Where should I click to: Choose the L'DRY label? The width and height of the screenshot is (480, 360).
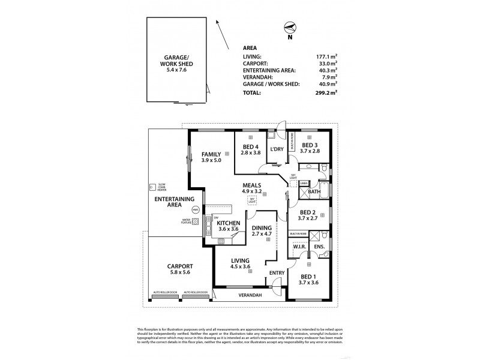point(277,149)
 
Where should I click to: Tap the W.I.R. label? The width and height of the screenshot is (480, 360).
point(299,246)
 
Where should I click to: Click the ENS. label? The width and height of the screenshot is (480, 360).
point(319,246)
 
